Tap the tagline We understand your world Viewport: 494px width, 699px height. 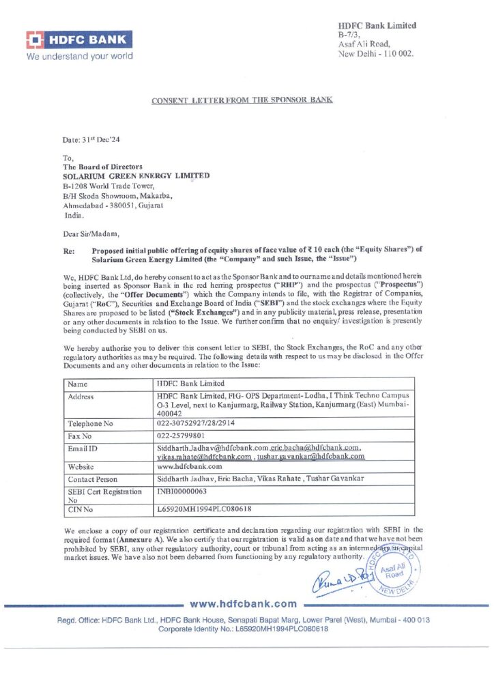click(x=79, y=56)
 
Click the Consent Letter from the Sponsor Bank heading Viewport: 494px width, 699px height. click(x=242, y=100)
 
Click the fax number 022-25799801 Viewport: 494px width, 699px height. click(x=184, y=435)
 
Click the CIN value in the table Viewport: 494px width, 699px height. click(x=205, y=509)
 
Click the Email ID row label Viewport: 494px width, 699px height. click(x=83, y=447)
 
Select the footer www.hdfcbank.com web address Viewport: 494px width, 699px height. click(x=243, y=603)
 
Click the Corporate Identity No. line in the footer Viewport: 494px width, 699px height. click(x=243, y=629)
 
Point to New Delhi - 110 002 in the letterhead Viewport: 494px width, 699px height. click(x=375, y=53)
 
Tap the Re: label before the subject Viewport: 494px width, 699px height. click(x=69, y=251)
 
